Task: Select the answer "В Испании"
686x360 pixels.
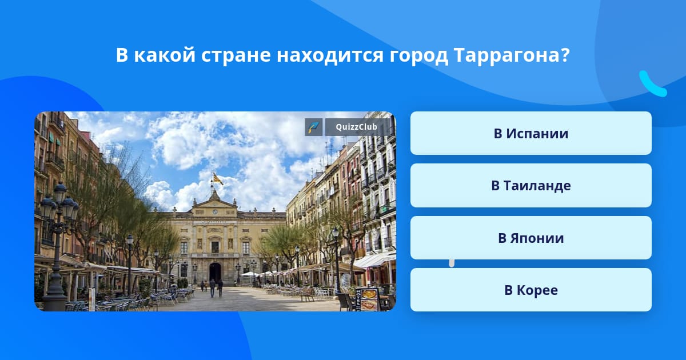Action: (x=531, y=133)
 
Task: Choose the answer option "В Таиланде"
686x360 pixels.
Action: (x=531, y=186)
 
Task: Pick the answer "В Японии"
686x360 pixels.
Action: (x=531, y=238)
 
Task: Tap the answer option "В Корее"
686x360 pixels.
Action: (x=531, y=290)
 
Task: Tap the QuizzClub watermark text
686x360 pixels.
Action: (x=356, y=127)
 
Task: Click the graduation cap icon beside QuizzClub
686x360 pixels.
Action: (x=314, y=127)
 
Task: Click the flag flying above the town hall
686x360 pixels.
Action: (x=218, y=179)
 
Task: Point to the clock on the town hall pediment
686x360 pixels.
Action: (x=215, y=211)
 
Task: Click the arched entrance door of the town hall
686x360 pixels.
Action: (x=215, y=272)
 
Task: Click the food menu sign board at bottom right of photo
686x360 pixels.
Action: (x=368, y=299)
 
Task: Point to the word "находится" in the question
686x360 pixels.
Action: (x=330, y=56)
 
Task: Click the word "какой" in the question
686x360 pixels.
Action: (x=165, y=55)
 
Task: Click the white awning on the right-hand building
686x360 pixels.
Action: (x=375, y=260)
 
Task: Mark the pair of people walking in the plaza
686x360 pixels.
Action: (x=216, y=288)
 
